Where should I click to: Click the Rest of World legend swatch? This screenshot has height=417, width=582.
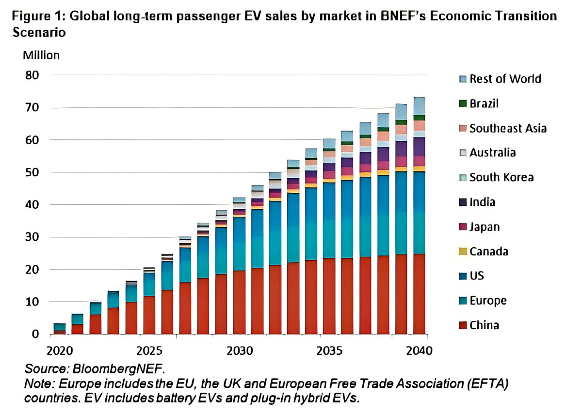463,79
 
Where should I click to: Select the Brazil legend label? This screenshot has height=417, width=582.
484,103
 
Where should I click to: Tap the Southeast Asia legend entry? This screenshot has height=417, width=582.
508,128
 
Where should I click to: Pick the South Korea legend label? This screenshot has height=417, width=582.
501,177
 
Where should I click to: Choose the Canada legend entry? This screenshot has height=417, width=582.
488,251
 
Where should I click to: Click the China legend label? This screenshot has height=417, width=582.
484,325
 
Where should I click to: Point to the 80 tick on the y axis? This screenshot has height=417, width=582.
32,75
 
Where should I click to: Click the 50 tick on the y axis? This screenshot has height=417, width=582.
32,172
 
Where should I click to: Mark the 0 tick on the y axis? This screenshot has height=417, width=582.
35,334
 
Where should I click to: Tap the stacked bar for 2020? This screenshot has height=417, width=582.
59,329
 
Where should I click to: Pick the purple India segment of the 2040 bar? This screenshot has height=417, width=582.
420,147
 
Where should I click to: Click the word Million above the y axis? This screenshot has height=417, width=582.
41,55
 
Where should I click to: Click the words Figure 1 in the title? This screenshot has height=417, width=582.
39,16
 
